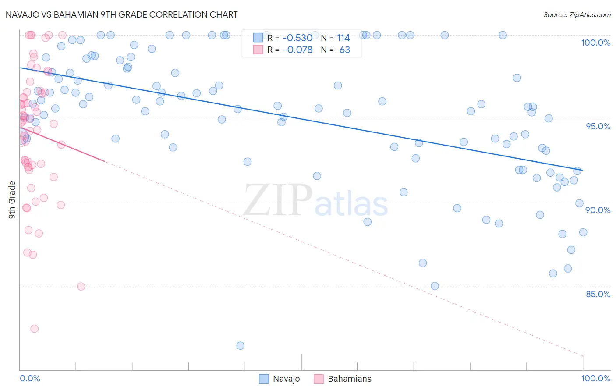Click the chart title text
tap(121, 14)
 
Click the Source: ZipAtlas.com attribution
tap(577, 15)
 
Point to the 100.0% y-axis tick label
tap(595, 43)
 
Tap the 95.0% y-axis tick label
tap(598, 126)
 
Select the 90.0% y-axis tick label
tap(598, 210)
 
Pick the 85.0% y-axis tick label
tap(598, 294)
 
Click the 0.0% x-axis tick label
tap(30, 378)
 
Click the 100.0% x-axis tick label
tap(595, 378)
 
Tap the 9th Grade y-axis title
tap(12, 199)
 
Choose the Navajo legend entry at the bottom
tap(286, 379)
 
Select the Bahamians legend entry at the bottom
tap(349, 379)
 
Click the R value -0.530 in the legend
tap(297, 38)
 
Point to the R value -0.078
tap(297, 50)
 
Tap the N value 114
tap(343, 38)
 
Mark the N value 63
tap(345, 50)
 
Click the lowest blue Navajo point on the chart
tap(240, 346)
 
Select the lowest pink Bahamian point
tap(34, 329)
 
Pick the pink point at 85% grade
tap(81, 287)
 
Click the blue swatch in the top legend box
tap(258, 38)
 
